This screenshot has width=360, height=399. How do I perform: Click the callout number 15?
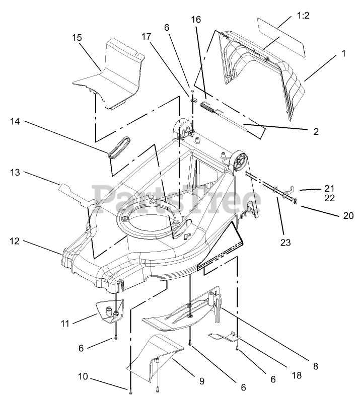pyautogui.click(x=77, y=38)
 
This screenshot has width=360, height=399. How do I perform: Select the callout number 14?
pyautogui.click(x=16, y=121)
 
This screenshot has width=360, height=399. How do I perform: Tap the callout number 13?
pyautogui.click(x=16, y=173)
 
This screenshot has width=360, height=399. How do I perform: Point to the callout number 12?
pyautogui.click(x=15, y=241)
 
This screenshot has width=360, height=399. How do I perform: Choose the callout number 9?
pyautogui.click(x=201, y=381)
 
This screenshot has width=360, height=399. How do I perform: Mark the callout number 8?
pyautogui.click(x=315, y=366)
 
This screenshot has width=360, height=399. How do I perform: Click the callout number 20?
pyautogui.click(x=348, y=215)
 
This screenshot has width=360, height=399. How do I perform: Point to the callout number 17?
pyautogui.click(x=146, y=37)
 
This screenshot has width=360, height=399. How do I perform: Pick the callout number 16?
pyautogui.click(x=196, y=20)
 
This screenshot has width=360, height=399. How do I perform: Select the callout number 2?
pyautogui.click(x=316, y=132)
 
